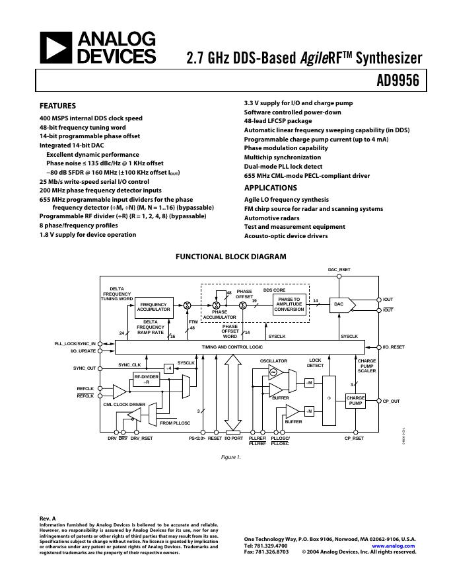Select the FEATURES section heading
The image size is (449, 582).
pos(57,106)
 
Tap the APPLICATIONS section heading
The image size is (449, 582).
pos(270,188)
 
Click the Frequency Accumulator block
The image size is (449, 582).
pos(154,306)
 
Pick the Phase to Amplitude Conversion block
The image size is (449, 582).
pos(289,304)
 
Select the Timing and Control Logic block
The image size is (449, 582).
pos(232,347)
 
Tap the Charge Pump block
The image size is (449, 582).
pos(355,400)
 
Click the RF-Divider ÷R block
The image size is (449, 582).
pos(147,379)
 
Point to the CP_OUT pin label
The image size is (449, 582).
pos(392,401)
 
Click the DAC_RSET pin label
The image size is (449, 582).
pos(339,270)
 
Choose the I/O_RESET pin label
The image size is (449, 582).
pos(394,347)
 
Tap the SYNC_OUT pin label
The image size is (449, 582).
pos(85,368)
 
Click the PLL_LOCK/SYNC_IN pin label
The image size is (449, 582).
pos(75,344)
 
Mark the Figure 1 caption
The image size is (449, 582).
pos(230,457)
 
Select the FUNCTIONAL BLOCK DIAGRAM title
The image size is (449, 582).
pos(230,257)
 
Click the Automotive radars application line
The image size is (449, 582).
pos(272,218)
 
